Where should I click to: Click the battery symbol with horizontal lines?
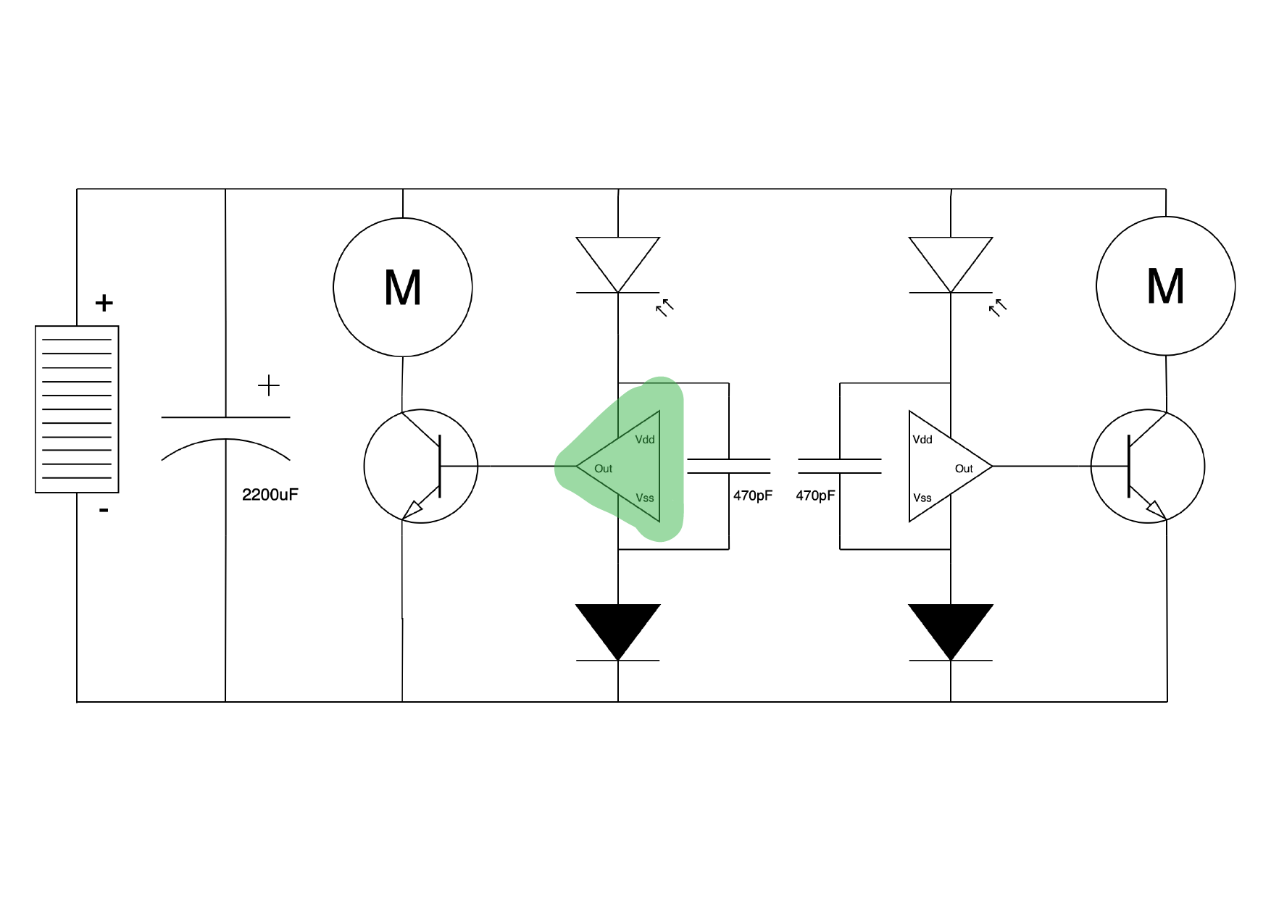pyautogui.click(x=77, y=409)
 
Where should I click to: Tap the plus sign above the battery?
pyautogui.click(x=104, y=303)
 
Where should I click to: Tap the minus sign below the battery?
pyautogui.click(x=104, y=511)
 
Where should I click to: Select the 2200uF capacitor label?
pyautogui.click(x=270, y=495)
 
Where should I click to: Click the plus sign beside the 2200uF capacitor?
pyautogui.click(x=269, y=385)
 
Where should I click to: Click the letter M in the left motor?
pyautogui.click(x=403, y=288)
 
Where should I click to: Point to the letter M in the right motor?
pyautogui.click(x=1165, y=287)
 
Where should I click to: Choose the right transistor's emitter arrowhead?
pyautogui.click(x=1155, y=510)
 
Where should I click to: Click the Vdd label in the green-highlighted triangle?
pyautogui.click(x=645, y=440)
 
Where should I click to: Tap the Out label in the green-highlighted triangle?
pyautogui.click(x=603, y=469)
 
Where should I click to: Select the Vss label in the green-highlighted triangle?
pyautogui.click(x=645, y=498)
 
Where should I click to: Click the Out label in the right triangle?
pyautogui.click(x=964, y=469)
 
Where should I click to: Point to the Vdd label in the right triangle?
pyautogui.click(x=922, y=440)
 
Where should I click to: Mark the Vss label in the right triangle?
pyautogui.click(x=922, y=498)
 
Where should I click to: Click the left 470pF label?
pyautogui.click(x=752, y=496)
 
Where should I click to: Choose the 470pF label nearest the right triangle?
pyautogui.click(x=815, y=496)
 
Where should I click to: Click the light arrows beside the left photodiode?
pyautogui.click(x=664, y=308)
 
